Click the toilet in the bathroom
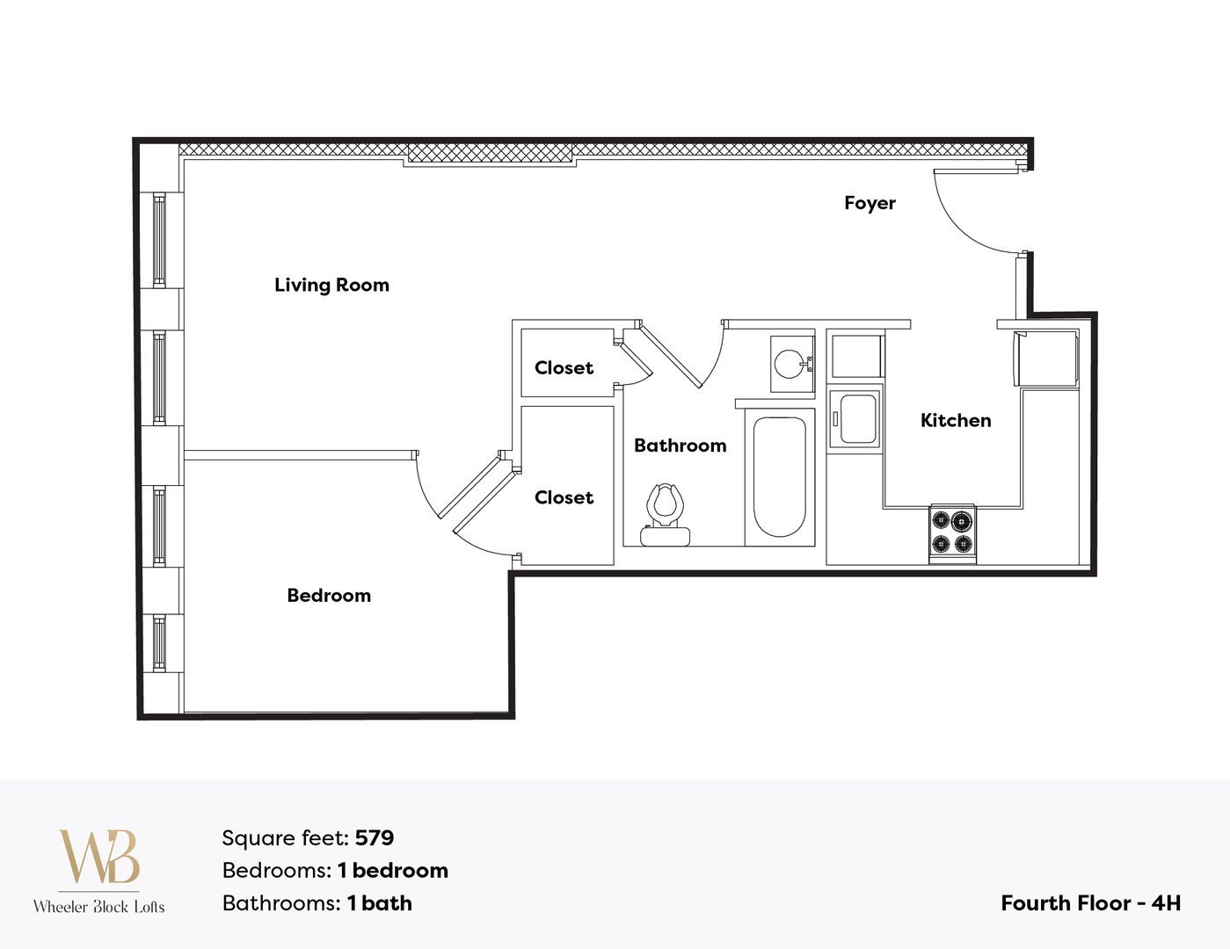[x=665, y=514]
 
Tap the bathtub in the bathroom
[x=779, y=476]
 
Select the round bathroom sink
[x=789, y=363]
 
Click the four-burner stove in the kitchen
[x=952, y=532]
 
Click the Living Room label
[x=331, y=285]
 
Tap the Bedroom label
[x=329, y=596]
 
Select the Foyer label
[x=870, y=203]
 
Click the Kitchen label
[x=956, y=421]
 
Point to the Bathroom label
[x=680, y=446]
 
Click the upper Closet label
[x=564, y=368]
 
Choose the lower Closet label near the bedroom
[x=564, y=497]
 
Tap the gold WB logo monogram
[x=98, y=857]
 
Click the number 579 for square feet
[x=375, y=838]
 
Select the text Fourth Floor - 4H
[x=1090, y=903]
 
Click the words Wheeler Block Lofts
[x=98, y=907]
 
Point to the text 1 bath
[x=379, y=903]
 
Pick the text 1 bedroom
[x=393, y=871]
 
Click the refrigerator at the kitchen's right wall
[x=1046, y=358]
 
